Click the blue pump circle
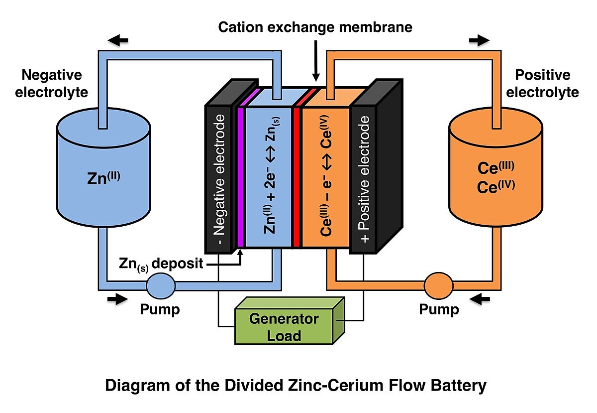[x=160, y=285]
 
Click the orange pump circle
[x=438, y=286]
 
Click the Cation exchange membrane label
[x=315, y=27]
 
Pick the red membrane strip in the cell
[x=297, y=177]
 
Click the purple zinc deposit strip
[x=240, y=177]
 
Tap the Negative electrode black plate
[x=218, y=177]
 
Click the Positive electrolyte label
[x=543, y=83]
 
